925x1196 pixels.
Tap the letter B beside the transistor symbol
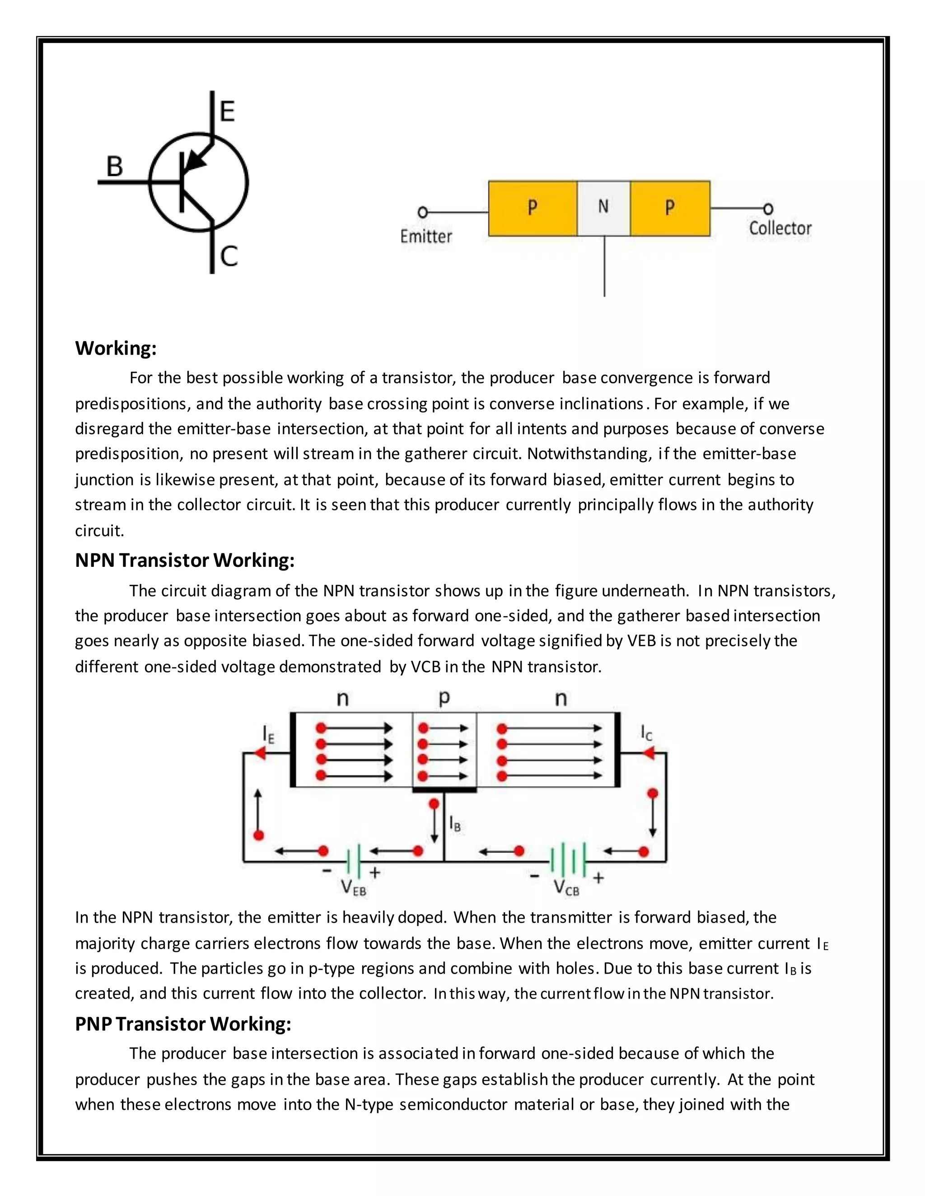pos(115,167)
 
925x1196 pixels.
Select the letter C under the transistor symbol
pos(229,256)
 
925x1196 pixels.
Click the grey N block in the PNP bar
pos(603,208)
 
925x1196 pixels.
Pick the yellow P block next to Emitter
pos(532,208)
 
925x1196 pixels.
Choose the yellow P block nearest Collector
pos(670,208)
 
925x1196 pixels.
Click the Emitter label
pos(426,236)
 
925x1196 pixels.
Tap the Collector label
pos(780,228)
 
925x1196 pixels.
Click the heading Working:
pos(116,348)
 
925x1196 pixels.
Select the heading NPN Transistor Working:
pos(185,560)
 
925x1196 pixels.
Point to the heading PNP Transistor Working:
pos(183,1024)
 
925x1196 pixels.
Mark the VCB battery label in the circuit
pos(566,888)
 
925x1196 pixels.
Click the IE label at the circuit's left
pos(268,734)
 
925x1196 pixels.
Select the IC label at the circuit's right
pos(647,732)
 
